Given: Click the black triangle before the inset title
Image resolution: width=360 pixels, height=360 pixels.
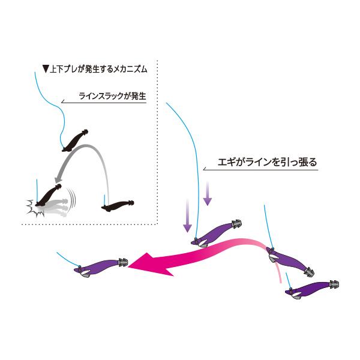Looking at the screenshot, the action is click(x=46, y=69).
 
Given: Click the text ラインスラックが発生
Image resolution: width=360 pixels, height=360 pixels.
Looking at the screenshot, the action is click(x=112, y=96).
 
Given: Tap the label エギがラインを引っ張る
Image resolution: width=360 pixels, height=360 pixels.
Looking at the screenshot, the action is click(x=267, y=162).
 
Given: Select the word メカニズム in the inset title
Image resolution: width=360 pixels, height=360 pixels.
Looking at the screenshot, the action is click(x=130, y=69).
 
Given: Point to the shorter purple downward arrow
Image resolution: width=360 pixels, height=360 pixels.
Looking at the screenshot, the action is click(x=208, y=193).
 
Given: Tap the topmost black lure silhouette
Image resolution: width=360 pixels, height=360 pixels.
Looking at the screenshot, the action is click(x=75, y=140).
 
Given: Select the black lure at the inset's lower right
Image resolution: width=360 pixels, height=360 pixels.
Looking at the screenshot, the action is click(x=118, y=205).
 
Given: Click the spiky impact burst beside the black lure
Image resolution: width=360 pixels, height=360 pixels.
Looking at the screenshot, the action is click(x=34, y=208).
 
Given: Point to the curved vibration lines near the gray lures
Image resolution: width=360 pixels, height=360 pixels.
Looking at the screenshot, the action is click(x=71, y=197).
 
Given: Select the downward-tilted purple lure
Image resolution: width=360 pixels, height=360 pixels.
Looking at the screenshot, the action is click(x=290, y=262).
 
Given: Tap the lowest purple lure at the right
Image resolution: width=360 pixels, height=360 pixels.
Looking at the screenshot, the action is click(x=312, y=290).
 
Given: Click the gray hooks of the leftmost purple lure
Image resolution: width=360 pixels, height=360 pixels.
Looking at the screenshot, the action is click(x=123, y=262).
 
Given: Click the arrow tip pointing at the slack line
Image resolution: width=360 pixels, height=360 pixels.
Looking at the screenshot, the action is click(x=62, y=102).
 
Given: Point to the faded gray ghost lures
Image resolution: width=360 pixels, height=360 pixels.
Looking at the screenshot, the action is click(x=55, y=208).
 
